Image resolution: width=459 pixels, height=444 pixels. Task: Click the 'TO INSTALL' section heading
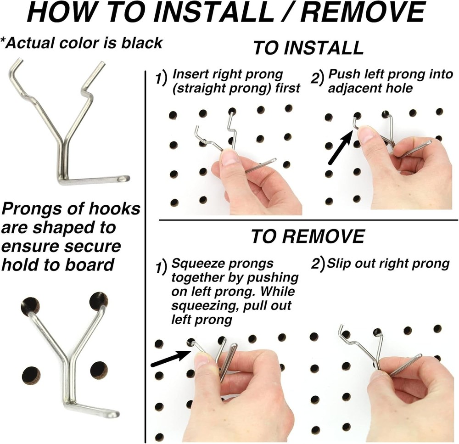308,48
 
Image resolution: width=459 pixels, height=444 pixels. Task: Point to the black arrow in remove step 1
170,358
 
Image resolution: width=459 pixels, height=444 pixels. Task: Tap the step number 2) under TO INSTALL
317,79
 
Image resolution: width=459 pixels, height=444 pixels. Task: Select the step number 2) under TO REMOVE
318,265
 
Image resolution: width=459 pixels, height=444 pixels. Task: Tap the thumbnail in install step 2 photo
366,135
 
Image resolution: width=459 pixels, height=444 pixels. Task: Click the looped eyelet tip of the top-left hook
123,178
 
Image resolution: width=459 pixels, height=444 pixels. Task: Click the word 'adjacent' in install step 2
348,88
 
